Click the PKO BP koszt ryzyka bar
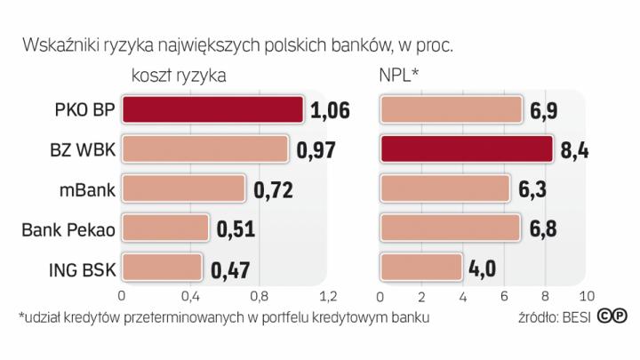[x=212, y=109]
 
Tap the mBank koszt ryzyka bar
[x=183, y=188]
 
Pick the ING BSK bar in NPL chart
[x=422, y=267]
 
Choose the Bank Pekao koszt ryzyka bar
[x=165, y=228]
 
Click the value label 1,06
[x=331, y=109]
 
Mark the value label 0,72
[x=273, y=188]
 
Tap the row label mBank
[x=85, y=189]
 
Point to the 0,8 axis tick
[x=259, y=294]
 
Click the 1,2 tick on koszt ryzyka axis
[x=328, y=294]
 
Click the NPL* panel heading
[x=399, y=76]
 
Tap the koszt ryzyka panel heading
[x=178, y=76]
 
